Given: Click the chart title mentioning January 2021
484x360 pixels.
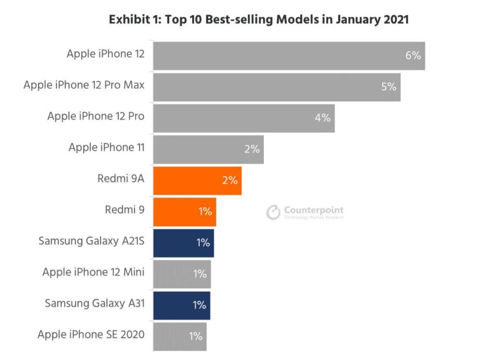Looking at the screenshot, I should (259, 20).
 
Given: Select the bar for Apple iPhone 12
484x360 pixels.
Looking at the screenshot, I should (289, 56).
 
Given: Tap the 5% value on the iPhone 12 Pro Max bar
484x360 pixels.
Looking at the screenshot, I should (389, 87).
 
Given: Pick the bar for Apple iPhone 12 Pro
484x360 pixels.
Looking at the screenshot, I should (244, 118).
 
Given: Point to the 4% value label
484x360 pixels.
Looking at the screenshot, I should (323, 118).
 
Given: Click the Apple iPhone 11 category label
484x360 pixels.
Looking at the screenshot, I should (106, 147).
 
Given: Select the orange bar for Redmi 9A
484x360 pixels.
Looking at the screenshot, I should (197, 180).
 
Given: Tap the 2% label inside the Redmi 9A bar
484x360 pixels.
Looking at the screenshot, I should (230, 180).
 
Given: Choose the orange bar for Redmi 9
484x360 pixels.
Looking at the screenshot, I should (184, 211).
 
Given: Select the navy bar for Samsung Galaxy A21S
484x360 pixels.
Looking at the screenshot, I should (183, 243).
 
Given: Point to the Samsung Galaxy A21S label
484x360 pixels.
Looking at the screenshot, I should (91, 240).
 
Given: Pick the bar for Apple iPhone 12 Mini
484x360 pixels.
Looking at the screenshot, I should (182, 274).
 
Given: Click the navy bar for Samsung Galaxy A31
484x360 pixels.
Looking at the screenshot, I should (181, 304).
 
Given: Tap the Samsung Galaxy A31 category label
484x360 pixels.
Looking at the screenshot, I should (94, 303).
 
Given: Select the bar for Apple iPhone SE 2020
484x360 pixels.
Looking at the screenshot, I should (180, 336).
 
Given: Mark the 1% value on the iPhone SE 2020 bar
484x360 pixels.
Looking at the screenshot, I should (195, 336).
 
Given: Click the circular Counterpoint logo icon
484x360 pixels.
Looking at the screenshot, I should (273, 213).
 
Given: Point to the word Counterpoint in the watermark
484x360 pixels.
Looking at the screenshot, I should (314, 210).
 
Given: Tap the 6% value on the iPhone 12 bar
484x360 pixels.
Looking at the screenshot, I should (413, 56).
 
